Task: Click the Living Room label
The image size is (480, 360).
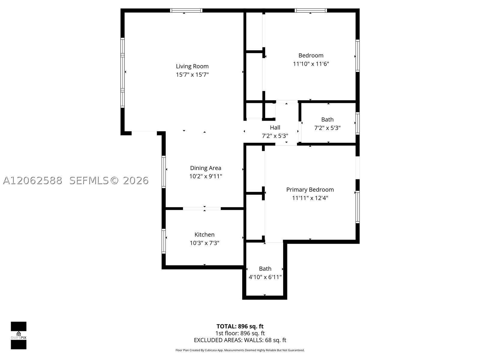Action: click(x=192, y=66)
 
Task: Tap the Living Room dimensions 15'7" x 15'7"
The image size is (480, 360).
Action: click(x=192, y=74)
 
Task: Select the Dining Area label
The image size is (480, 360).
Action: click(x=205, y=168)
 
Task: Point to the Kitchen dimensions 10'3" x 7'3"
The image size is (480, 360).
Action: click(x=205, y=243)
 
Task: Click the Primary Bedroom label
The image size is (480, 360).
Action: click(x=310, y=190)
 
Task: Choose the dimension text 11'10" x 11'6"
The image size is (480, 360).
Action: click(x=311, y=64)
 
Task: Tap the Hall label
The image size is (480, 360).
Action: click(x=275, y=127)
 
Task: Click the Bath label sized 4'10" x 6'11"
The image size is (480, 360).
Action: click(x=265, y=268)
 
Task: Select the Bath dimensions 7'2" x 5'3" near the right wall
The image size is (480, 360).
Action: click(x=327, y=128)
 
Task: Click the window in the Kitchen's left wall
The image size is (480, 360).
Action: click(x=163, y=241)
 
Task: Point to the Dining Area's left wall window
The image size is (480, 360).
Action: click(x=163, y=172)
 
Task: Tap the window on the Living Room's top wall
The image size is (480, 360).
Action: click(x=186, y=10)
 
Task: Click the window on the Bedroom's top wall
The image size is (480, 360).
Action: click(x=311, y=10)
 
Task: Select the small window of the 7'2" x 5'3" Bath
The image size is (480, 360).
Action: click(x=358, y=123)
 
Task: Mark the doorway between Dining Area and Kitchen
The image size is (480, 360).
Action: click(x=202, y=208)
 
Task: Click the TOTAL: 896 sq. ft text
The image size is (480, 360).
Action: click(x=240, y=326)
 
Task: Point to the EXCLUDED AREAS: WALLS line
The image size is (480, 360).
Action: click(x=240, y=340)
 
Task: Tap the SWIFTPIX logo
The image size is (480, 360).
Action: click(x=19, y=335)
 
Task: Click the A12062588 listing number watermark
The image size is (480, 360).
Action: click(x=33, y=181)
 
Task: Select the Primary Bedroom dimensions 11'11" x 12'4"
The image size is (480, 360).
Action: click(x=310, y=198)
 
